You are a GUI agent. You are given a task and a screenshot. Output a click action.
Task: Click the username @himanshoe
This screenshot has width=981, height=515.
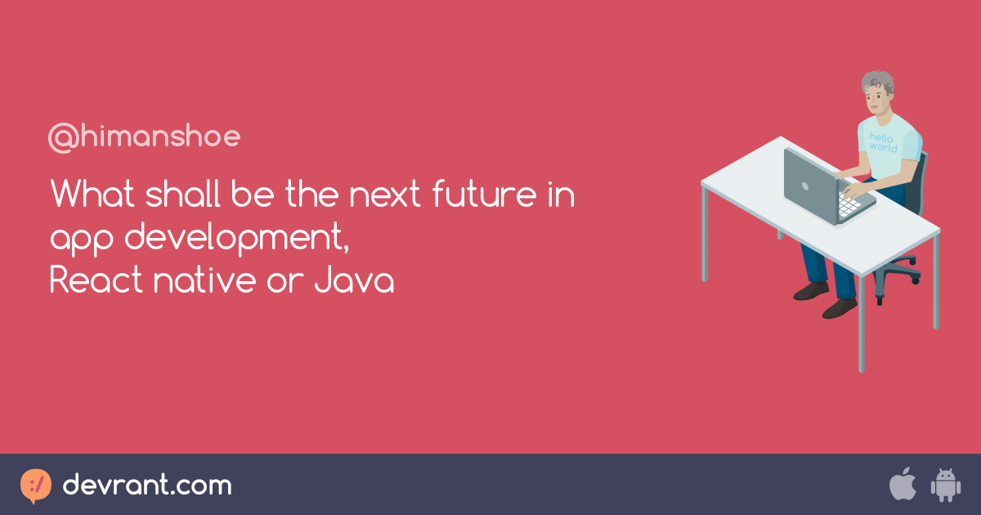point(144,137)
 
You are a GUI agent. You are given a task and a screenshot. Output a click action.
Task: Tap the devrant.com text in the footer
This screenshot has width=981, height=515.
point(147,486)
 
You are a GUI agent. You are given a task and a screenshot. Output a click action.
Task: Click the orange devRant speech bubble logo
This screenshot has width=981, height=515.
point(35,486)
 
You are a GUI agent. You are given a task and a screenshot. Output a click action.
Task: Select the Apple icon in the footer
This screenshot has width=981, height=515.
point(903,485)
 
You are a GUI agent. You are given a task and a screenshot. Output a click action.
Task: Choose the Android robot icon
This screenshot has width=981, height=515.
point(945,486)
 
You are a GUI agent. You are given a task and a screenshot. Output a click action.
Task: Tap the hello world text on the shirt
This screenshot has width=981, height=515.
point(883,143)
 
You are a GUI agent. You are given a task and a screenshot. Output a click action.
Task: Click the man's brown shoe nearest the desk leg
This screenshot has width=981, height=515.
point(840,307)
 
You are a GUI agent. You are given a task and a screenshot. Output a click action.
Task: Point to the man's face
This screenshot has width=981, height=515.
point(876,100)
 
